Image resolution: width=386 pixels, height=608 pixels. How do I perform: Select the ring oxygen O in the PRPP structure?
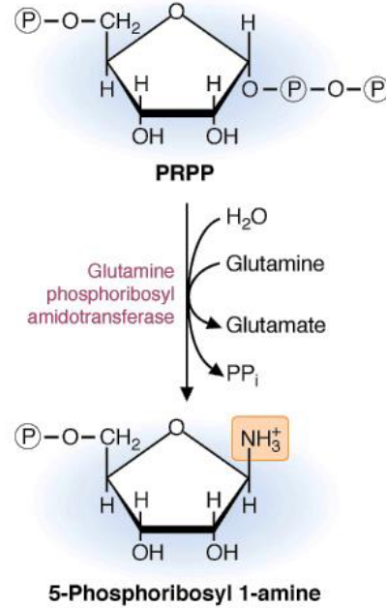[175, 11]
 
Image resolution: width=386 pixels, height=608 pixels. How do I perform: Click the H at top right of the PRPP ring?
[250, 21]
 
